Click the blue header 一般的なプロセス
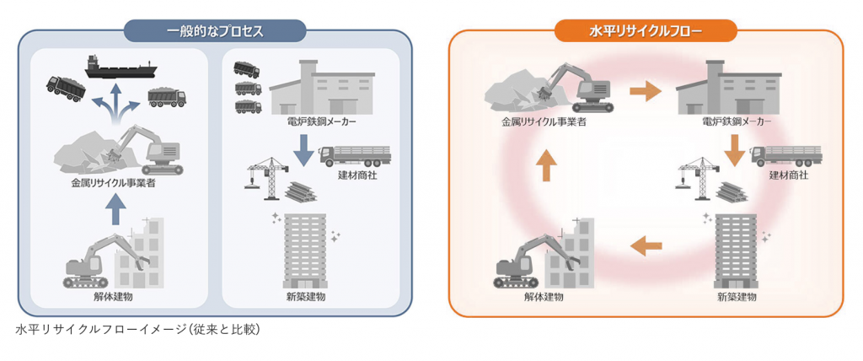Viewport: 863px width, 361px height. (x=216, y=31)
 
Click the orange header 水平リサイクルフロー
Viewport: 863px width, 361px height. (x=646, y=31)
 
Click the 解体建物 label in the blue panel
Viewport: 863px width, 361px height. (x=112, y=297)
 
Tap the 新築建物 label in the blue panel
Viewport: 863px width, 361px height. (x=305, y=297)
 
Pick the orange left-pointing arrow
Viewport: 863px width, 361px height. (x=646, y=245)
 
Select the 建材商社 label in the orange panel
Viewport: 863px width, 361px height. (x=788, y=175)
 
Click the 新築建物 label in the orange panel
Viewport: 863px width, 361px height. (x=737, y=297)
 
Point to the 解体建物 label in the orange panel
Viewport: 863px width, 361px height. (x=543, y=297)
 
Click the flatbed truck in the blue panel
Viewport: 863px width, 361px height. (x=356, y=154)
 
